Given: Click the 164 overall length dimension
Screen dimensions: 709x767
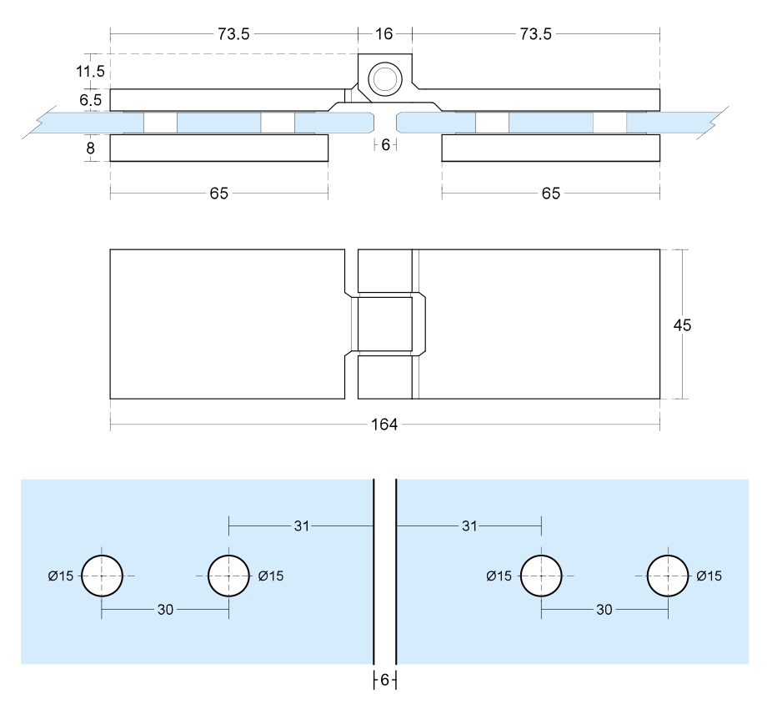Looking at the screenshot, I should pyautogui.click(x=384, y=425).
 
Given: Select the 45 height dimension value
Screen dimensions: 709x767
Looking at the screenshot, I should pyautogui.click(x=682, y=325).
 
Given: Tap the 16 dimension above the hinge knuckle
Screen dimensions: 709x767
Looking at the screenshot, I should pyautogui.click(x=384, y=34).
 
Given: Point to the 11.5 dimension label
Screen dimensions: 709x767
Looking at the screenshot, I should pyautogui.click(x=90, y=72).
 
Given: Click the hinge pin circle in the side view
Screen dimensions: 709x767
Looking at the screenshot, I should pyautogui.click(x=384, y=80).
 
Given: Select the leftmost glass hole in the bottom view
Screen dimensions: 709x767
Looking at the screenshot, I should pyautogui.click(x=102, y=575).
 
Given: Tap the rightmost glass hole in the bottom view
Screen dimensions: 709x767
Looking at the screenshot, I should pyautogui.click(x=668, y=575).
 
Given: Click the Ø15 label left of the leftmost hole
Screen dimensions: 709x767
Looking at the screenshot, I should pyautogui.click(x=60, y=576).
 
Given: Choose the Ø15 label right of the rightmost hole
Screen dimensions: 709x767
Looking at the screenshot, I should pyautogui.click(x=709, y=576).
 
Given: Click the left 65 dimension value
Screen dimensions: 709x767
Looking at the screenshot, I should pyautogui.click(x=218, y=194).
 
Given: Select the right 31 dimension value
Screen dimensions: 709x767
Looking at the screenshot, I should pyautogui.click(x=469, y=526).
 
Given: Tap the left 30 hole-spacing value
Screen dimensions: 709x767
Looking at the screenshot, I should pyautogui.click(x=165, y=610).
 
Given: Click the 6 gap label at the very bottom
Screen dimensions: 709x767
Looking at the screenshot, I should pyautogui.click(x=384, y=680).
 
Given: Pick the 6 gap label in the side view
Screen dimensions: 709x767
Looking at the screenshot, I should pyautogui.click(x=384, y=144).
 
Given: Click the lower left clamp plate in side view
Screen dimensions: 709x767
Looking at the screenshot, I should pyautogui.click(x=218, y=148).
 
